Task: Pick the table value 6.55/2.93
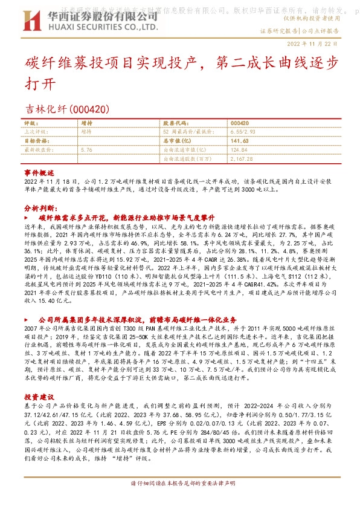[244, 130]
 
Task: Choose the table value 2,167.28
[243, 158]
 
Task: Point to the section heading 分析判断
[37, 206]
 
